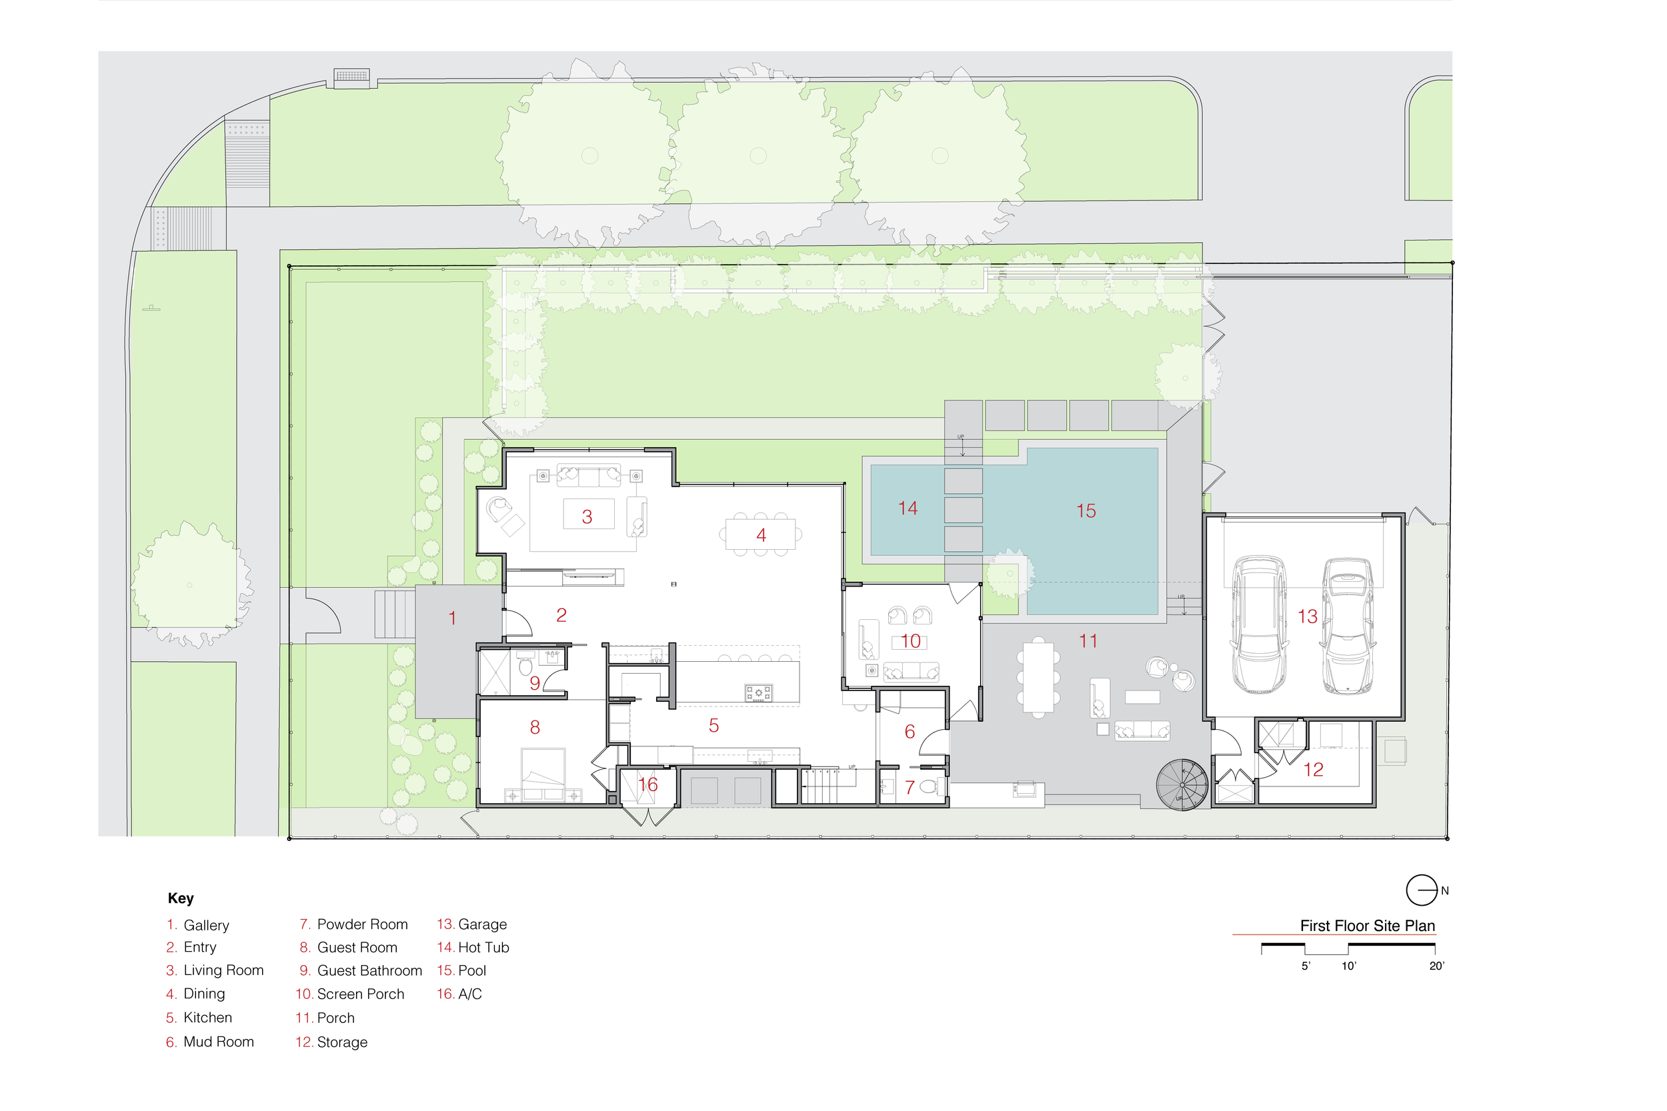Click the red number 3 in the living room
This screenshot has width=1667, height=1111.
click(587, 517)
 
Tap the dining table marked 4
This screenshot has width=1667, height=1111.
click(761, 535)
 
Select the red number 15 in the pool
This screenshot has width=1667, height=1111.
click(1086, 511)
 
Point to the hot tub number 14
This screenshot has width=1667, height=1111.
click(908, 508)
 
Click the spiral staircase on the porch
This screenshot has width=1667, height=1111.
click(1182, 784)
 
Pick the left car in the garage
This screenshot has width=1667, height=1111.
click(1259, 624)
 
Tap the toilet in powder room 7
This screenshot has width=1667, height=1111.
click(933, 786)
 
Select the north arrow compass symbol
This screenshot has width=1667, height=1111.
click(1421, 890)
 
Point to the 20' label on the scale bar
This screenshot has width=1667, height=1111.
click(1436, 966)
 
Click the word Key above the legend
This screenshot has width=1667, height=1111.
click(181, 898)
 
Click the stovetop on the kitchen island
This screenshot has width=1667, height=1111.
click(758, 693)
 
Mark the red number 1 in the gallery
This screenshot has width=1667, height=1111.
click(452, 618)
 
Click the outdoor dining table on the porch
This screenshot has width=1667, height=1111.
click(1038, 676)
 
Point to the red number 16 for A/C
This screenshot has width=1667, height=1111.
click(648, 784)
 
